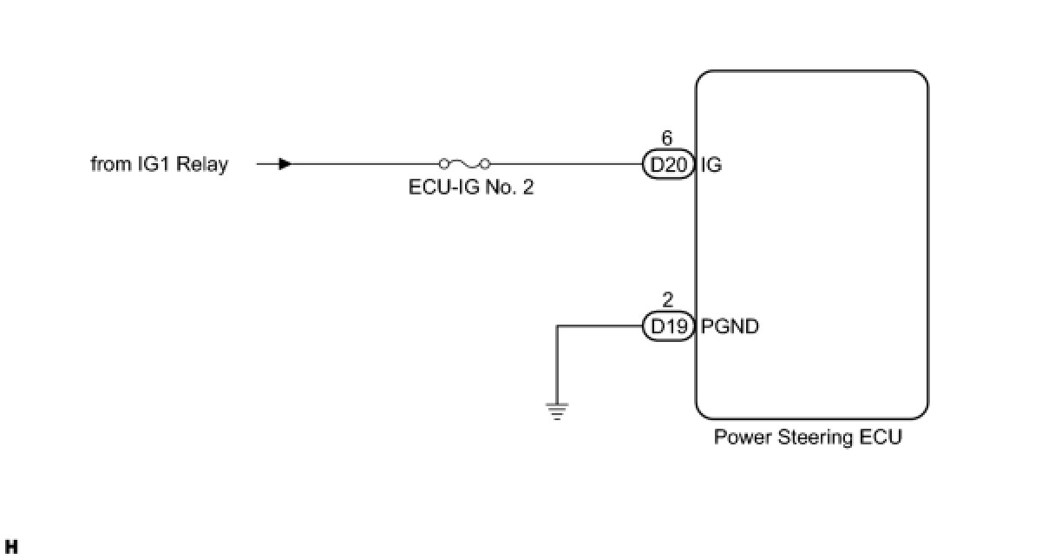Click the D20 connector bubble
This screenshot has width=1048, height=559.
669,164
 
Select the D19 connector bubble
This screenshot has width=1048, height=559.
669,326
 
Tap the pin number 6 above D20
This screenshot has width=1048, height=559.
666,138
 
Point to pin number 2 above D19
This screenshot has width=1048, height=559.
668,299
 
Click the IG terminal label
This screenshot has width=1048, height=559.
711,165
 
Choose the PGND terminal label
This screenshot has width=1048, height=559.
730,326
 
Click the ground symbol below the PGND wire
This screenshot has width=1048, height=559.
557,411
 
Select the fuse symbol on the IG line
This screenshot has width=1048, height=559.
465,164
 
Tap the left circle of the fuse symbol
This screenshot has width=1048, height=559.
444,164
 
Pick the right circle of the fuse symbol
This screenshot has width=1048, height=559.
486,164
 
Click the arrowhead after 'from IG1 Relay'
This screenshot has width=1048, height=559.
285,164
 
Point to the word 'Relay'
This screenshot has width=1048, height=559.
202,164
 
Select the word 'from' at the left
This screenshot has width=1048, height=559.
111,164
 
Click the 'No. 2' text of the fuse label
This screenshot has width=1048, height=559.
509,187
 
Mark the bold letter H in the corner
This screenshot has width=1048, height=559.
11,547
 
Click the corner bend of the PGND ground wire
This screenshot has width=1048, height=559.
557,326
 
